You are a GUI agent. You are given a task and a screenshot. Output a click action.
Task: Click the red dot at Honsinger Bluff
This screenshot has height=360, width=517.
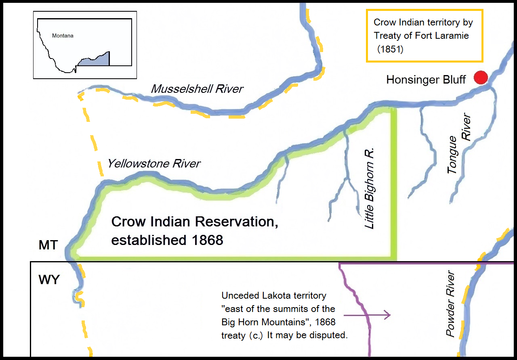[x=481, y=77]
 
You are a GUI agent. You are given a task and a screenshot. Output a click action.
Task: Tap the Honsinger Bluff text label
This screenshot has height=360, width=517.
[x=426, y=80]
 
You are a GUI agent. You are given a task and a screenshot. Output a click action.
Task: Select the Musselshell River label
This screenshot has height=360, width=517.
[x=197, y=89]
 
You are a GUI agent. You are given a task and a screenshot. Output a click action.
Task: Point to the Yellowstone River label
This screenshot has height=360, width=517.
[x=153, y=163]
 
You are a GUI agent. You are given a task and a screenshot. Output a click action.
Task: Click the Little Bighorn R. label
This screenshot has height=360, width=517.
[x=370, y=188]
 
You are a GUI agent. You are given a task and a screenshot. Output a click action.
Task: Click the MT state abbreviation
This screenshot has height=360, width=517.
[x=48, y=245]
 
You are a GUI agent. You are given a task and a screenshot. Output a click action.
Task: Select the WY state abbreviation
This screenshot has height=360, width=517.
[x=49, y=280]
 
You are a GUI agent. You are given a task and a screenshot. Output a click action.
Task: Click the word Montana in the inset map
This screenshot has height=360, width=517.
[x=63, y=36]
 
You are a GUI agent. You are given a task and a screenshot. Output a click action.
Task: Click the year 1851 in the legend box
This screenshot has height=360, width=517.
[x=391, y=49]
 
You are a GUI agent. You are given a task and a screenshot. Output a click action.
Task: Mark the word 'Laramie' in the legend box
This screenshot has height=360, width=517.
[x=450, y=36]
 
